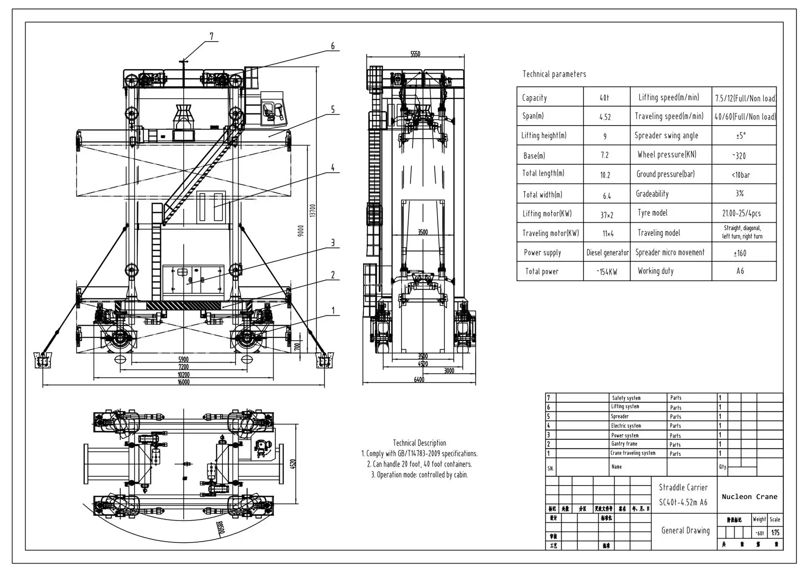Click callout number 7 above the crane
pos(212,37)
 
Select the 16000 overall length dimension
pos(184,382)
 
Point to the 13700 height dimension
pos(313,210)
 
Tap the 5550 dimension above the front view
pos(415,54)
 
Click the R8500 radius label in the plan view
pos(220,527)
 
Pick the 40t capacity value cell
pos(604,98)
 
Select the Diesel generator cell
pos(607,253)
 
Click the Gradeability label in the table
pos(652,194)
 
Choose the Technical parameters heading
pos(554,74)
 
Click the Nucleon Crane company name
pos(749,497)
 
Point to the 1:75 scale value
pos(775,533)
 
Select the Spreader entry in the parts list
pos(619,416)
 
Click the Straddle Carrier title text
pos(683,487)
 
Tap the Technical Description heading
pos(419,443)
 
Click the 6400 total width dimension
pos(419,380)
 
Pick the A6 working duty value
pos(740,271)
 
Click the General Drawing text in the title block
pos(685,530)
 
